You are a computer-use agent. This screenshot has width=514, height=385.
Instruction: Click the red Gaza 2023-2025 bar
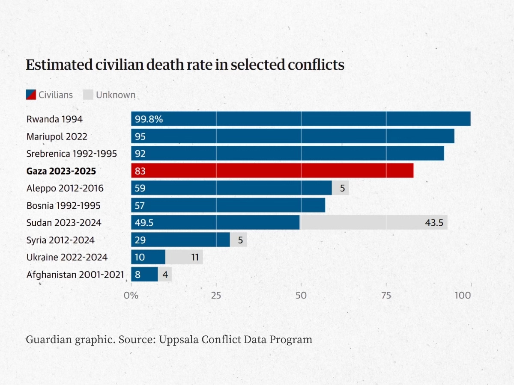[272, 171]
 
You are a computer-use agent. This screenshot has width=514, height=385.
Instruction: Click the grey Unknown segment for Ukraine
[184, 257]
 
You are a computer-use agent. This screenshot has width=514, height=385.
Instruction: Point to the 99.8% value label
[149, 119]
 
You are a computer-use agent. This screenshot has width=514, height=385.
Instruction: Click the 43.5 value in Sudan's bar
[433, 222]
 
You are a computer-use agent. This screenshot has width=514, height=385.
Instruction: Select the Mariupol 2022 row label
[57, 137]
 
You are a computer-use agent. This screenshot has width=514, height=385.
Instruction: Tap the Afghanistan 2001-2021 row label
[75, 274]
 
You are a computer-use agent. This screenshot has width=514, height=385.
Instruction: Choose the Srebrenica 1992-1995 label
[72, 154]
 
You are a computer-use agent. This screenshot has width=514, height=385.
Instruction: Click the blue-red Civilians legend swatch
[31, 95]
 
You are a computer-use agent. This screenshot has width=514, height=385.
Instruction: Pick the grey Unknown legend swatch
[88, 95]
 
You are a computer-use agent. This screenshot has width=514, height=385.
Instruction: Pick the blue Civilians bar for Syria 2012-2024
[180, 240]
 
